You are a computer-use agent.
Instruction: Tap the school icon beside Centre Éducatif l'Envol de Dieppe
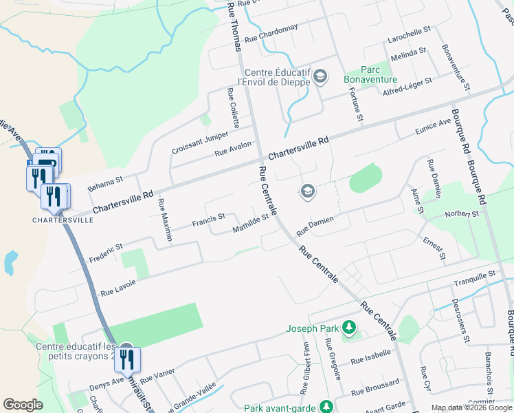(x=320, y=76)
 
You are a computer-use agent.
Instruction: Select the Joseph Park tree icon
(x=350, y=328)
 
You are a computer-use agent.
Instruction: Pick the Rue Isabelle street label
(x=370, y=357)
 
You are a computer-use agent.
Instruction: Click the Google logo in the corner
(x=23, y=404)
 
